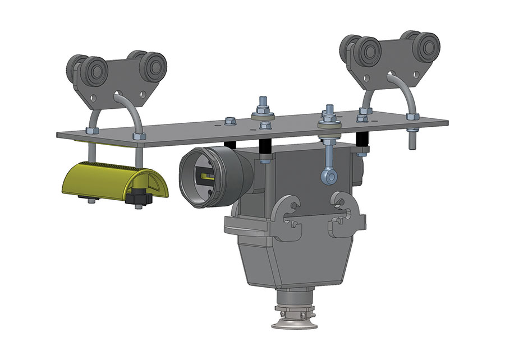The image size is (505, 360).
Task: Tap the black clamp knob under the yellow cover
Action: (x=137, y=197)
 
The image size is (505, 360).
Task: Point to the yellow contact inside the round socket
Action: (x=206, y=178)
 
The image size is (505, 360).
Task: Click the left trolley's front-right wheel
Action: (x=152, y=66)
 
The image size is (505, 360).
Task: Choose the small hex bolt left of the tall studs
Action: (x=229, y=121)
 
